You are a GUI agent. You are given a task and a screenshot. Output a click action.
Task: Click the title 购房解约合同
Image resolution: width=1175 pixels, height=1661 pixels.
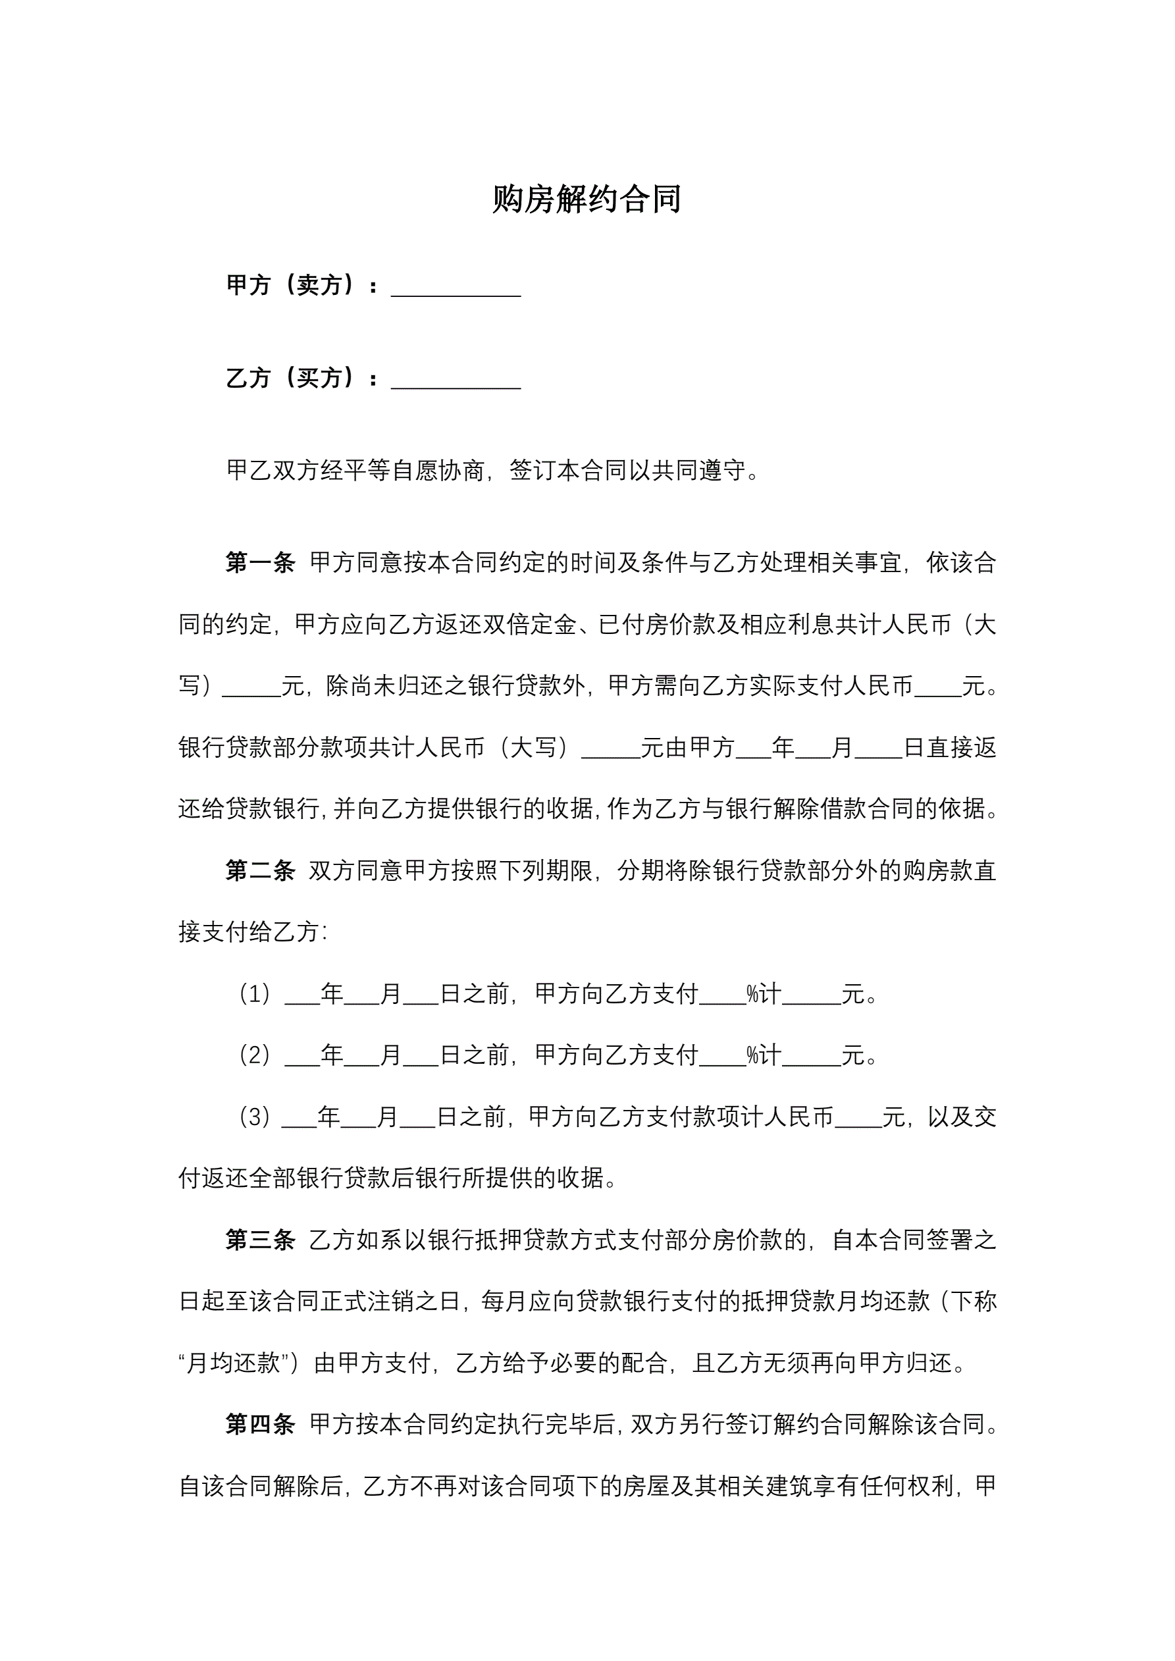click(x=586, y=199)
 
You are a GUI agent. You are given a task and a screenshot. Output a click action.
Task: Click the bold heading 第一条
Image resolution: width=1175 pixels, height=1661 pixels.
click(x=260, y=563)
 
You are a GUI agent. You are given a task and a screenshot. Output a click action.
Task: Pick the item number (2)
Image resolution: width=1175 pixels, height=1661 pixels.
click(x=255, y=1055)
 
